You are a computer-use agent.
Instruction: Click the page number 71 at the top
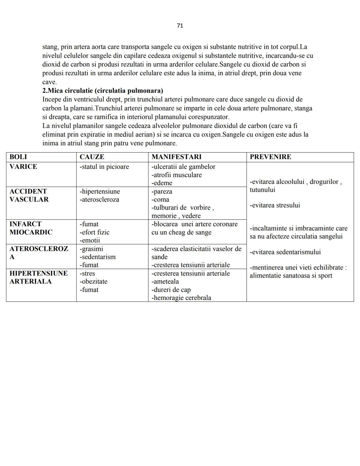(x=180, y=26)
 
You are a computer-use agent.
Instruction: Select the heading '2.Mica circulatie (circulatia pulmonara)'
(x=103, y=91)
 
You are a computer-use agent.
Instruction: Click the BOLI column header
(x=18, y=157)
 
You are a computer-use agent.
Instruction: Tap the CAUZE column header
(x=92, y=157)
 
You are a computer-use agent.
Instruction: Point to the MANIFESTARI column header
(x=176, y=157)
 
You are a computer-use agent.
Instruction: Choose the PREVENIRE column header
(x=270, y=157)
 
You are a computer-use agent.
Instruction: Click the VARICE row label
(x=23, y=166)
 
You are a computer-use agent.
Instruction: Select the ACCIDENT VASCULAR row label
(x=29, y=195)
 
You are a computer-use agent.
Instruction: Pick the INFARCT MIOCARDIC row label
(x=31, y=228)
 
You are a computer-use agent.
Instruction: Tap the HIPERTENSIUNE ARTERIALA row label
(x=38, y=277)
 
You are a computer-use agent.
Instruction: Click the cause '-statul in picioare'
(x=104, y=166)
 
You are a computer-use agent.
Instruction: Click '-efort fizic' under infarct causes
(x=94, y=232)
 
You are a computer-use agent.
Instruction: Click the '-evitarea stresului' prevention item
(x=275, y=205)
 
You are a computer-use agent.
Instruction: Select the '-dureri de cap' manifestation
(x=171, y=290)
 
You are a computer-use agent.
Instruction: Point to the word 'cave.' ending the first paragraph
(x=49, y=82)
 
